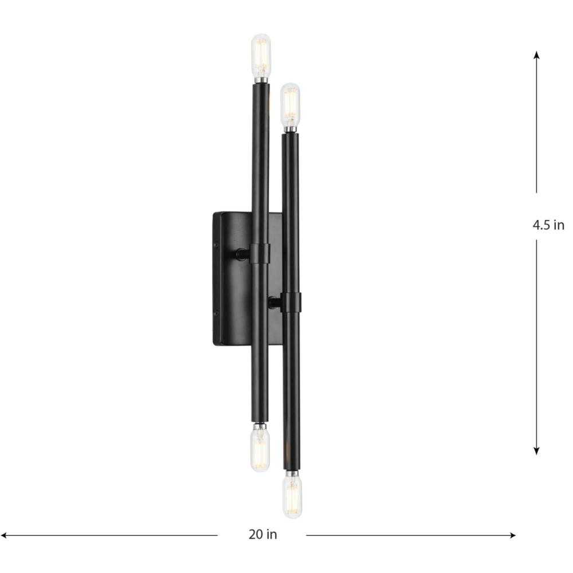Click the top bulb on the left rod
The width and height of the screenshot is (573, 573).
coord(261,55)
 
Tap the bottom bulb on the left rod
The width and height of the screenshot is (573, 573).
coord(260,449)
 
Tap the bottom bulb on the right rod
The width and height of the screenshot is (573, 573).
coord(292,496)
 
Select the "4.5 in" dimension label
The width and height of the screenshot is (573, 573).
coord(548,225)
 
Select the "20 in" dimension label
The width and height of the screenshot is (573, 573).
coord(263,534)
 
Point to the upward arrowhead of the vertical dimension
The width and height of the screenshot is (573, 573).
coord(536,55)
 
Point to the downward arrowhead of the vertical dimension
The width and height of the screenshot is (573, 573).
coord(536,450)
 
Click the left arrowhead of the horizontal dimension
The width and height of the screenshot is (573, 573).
coord(5,535)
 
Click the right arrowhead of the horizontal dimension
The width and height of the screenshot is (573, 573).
coord(512,535)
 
